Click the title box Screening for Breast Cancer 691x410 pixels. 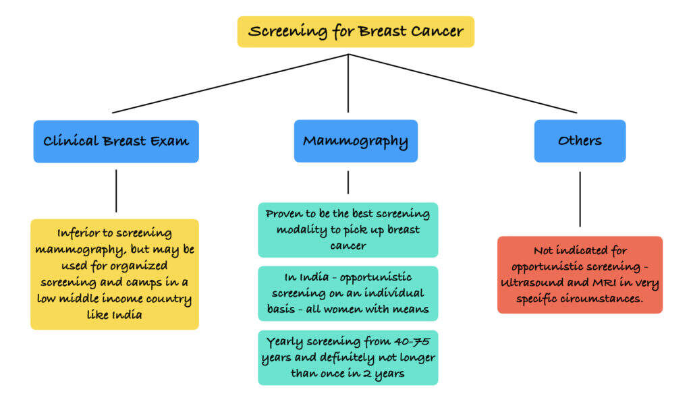pyautogui.click(x=356, y=32)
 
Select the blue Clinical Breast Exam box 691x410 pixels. pyautogui.click(x=116, y=142)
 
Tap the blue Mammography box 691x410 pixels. pyautogui.click(x=356, y=142)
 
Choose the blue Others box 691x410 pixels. pyautogui.click(x=580, y=142)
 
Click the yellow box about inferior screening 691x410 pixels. pyautogui.click(x=115, y=274)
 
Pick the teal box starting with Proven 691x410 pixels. pyautogui.click(x=348, y=230)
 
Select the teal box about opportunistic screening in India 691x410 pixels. pyautogui.click(x=348, y=294)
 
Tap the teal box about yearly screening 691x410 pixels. pyautogui.click(x=348, y=357)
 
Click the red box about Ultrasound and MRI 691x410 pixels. pyautogui.click(x=580, y=274)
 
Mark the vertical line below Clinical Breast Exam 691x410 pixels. pyautogui.click(x=116, y=191)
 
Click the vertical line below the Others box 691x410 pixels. pyautogui.click(x=580, y=199)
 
